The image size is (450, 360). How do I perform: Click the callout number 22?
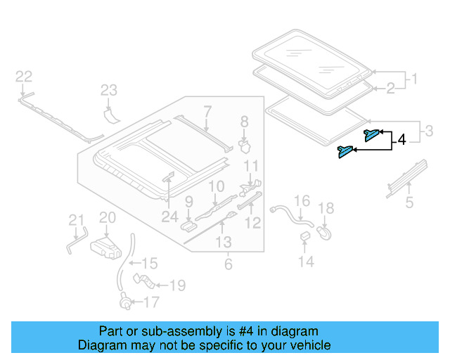[24, 77]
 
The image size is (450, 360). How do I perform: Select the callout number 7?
[207, 110]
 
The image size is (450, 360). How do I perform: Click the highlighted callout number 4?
[401, 141]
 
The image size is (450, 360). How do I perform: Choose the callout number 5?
[409, 205]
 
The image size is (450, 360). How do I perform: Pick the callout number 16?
[301, 202]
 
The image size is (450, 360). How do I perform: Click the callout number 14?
[305, 262]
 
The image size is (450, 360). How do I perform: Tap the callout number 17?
[151, 303]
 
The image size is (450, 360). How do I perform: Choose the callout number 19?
[177, 285]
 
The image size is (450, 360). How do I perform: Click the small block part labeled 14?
[305, 236]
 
